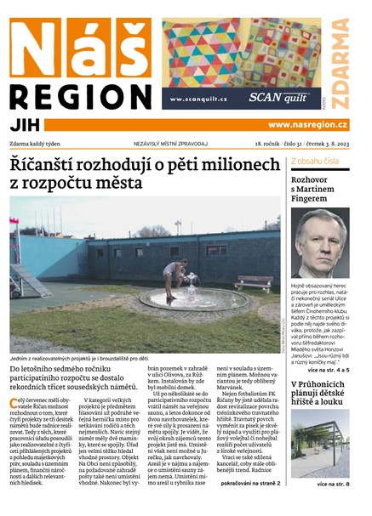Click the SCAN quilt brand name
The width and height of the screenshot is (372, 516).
point(277,97)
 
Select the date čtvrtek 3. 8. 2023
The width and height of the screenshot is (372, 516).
point(323,144)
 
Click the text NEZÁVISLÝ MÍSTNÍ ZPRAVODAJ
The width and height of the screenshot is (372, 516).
point(170,144)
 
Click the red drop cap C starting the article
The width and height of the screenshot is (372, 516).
point(14,402)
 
